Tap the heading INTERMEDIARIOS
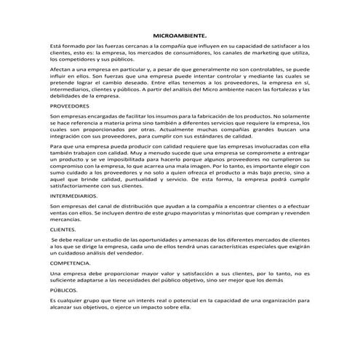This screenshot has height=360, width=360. coord(73,196)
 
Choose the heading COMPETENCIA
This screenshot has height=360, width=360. coord(70,262)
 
